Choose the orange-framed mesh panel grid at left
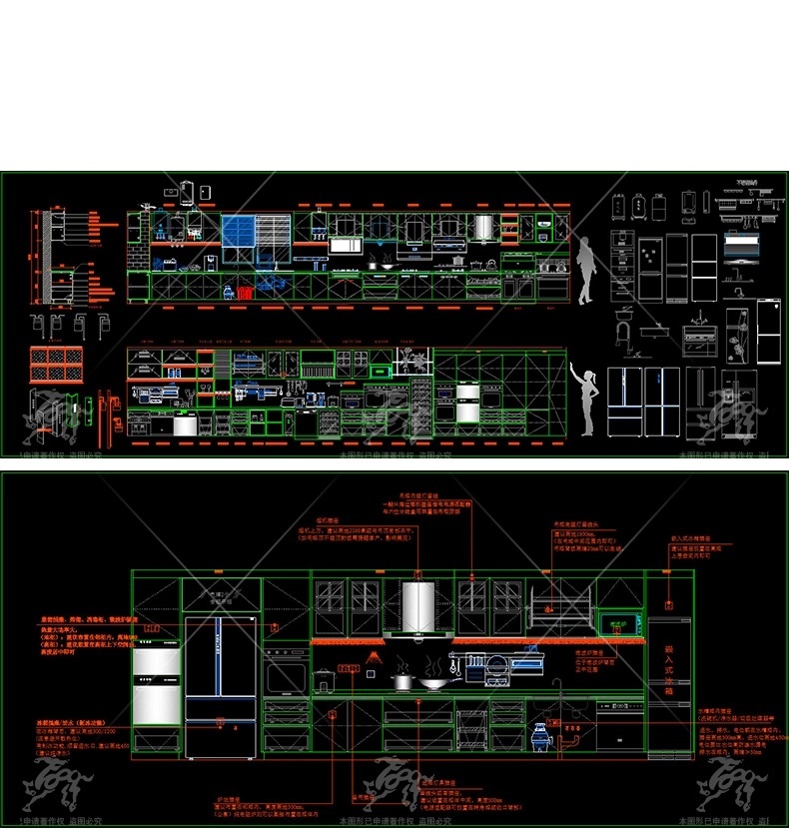click(x=51, y=363)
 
